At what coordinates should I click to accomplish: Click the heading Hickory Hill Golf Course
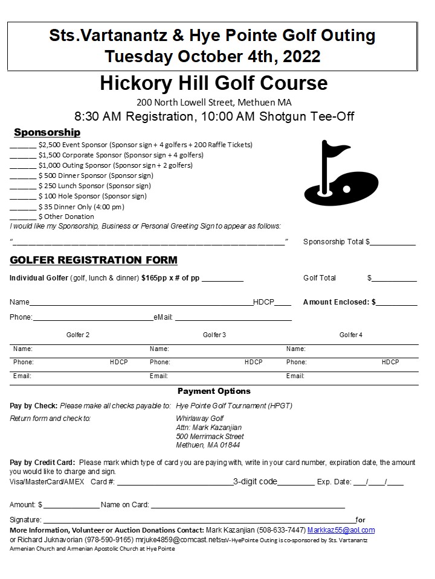[214, 83]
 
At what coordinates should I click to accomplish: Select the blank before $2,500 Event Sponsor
[23, 145]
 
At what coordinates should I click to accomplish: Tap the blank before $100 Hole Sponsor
[23, 197]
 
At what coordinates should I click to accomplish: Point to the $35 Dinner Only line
[81, 206]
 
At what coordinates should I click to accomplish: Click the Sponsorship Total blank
[393, 242]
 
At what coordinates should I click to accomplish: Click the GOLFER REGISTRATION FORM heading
[94, 261]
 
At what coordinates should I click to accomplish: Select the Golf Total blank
[394, 279]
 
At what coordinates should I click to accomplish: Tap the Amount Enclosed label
[339, 302]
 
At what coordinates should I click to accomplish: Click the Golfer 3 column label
[214, 335]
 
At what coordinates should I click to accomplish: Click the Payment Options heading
[214, 391]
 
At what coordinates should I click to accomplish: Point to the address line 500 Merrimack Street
[210, 436]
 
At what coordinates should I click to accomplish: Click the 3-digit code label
[255, 482]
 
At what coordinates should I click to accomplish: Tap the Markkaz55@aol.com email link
[341, 530]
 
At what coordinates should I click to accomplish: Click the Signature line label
[25, 520]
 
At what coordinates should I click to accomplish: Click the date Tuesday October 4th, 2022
[212, 56]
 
